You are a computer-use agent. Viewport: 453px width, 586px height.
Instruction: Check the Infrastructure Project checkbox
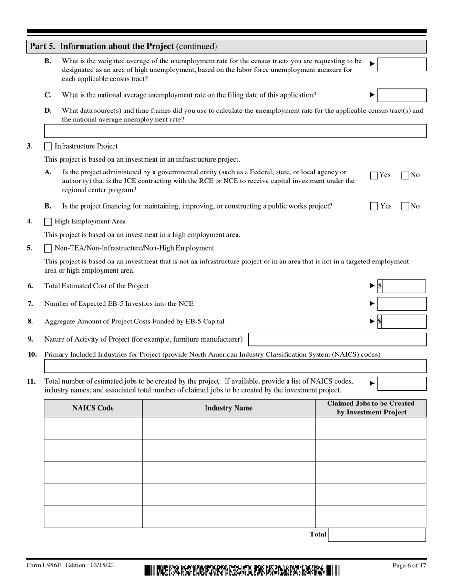tap(48, 146)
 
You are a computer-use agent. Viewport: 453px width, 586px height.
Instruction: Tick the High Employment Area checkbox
tap(48, 222)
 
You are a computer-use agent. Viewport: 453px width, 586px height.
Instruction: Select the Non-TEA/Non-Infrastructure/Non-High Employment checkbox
tap(48, 248)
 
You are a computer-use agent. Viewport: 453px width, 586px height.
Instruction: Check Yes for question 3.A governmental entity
tap(374, 175)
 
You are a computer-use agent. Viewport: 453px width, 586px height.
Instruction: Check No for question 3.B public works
tap(405, 206)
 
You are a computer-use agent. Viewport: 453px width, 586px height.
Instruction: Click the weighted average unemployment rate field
tap(402, 64)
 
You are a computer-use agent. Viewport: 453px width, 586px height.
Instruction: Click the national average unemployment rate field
tap(402, 95)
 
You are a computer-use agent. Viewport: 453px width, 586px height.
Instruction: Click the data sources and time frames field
tap(235, 131)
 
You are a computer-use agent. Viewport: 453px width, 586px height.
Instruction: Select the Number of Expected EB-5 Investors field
tap(402, 304)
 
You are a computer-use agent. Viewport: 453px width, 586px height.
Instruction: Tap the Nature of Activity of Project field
tap(338, 339)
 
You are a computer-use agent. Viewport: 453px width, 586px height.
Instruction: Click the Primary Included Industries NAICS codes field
tap(235, 366)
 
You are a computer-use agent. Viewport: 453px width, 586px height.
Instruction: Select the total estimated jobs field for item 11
tap(402, 384)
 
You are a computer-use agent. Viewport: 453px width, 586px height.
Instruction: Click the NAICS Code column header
tap(93, 408)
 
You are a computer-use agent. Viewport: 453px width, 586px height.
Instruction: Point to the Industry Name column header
tap(228, 408)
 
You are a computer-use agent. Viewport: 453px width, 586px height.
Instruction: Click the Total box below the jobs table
tap(377, 535)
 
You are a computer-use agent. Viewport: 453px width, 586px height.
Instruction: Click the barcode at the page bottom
tap(242, 570)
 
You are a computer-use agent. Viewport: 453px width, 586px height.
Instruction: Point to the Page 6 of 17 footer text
tap(409, 566)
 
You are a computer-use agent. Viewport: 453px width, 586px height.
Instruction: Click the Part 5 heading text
tap(123, 46)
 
